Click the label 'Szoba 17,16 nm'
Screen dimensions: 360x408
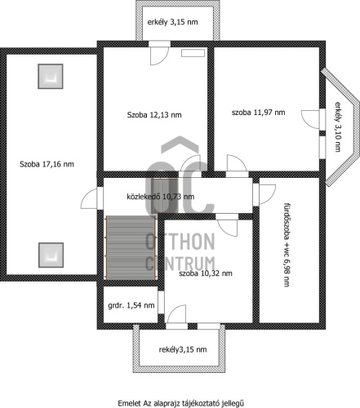[47, 164]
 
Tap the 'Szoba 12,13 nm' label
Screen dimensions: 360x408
[154, 115]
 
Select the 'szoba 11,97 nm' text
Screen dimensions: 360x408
[258, 113]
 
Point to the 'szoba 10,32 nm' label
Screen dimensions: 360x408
[206, 273]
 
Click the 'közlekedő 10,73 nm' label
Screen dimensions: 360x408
[161, 197]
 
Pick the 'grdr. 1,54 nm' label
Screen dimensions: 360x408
[131, 305]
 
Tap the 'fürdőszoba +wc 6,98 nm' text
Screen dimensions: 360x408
[287, 245]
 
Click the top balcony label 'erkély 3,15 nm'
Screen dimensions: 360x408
[172, 22]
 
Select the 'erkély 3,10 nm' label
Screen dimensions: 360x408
[338, 126]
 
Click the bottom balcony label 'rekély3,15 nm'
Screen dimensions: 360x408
[183, 349]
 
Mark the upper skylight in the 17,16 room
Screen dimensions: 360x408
[51, 77]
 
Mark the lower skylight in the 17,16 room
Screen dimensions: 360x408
[51, 255]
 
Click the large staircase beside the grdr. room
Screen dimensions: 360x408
[131, 247]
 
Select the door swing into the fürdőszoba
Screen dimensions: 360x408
[267, 194]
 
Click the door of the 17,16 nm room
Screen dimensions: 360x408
[89, 198]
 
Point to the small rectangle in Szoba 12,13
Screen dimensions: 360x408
[193, 53]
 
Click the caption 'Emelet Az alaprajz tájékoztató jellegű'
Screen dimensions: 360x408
[180, 403]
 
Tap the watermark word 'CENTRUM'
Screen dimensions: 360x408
[180, 263]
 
